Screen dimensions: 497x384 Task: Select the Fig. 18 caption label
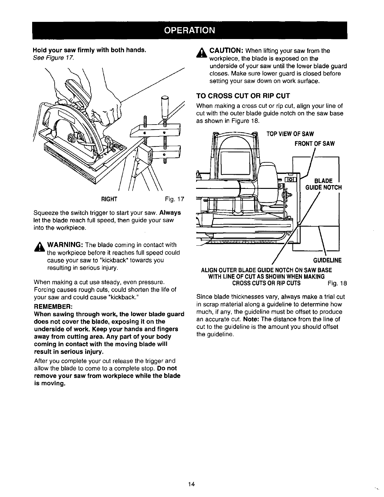click(x=337, y=283)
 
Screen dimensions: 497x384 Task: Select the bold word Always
click(x=170, y=213)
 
